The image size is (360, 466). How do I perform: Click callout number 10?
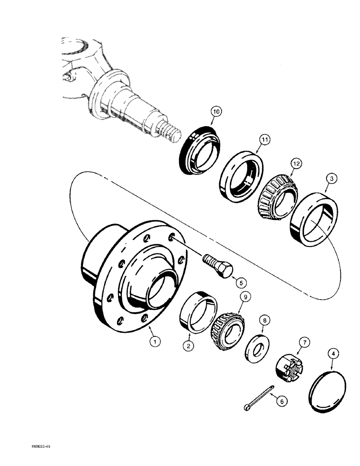203,112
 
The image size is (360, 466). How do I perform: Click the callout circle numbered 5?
241,282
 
